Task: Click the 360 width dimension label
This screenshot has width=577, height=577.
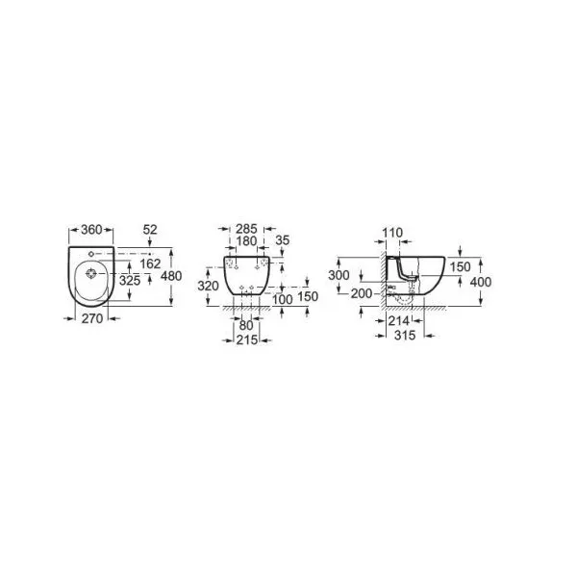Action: click(91, 230)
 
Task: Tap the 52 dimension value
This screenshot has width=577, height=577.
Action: click(150, 230)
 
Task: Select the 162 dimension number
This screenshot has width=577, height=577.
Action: click(151, 263)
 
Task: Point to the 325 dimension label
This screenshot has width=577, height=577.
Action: click(130, 281)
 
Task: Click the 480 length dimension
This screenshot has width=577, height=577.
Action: click(171, 276)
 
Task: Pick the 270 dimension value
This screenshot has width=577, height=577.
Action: click(92, 318)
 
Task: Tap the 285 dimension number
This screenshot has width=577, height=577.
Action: click(246, 229)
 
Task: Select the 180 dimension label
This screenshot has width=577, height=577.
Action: click(246, 241)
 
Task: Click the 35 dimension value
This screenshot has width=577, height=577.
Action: click(283, 240)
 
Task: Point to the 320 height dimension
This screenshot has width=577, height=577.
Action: click(209, 286)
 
